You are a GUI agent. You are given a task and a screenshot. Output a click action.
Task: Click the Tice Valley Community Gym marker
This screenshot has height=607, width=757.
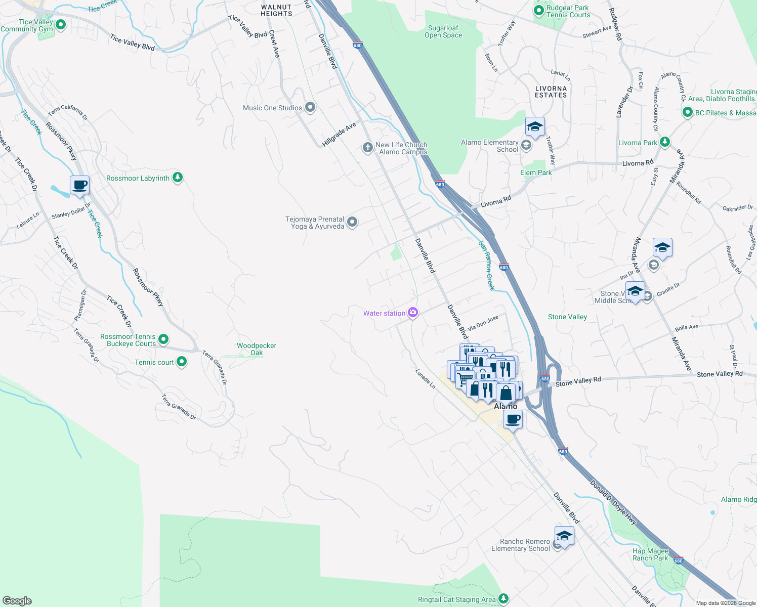[x=61, y=25]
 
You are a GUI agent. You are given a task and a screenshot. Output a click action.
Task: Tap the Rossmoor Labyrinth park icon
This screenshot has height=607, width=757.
[x=177, y=178]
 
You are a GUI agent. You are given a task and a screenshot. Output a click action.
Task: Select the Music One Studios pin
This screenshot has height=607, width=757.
[x=310, y=107]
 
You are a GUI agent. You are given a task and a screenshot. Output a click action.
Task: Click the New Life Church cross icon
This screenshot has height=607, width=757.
[x=367, y=148]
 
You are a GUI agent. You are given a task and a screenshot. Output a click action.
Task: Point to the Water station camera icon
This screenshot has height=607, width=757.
[x=413, y=313]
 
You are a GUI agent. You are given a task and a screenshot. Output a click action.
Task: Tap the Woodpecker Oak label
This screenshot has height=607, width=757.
[x=257, y=349]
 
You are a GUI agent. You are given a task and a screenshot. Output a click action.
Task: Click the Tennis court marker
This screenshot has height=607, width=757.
[x=182, y=362]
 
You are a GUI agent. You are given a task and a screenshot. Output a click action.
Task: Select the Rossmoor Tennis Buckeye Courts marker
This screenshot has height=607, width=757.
[x=163, y=339]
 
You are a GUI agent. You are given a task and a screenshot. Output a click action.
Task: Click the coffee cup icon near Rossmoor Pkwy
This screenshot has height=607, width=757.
[x=79, y=185]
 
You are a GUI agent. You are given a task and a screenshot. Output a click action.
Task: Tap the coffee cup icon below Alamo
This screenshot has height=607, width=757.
[x=513, y=419]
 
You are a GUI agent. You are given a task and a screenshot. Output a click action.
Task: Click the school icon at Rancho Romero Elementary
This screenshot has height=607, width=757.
[x=564, y=536]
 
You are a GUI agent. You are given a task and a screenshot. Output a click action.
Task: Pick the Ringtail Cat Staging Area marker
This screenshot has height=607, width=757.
[x=503, y=599]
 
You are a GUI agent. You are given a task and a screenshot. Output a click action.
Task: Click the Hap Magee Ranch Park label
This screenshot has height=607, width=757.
[x=650, y=554]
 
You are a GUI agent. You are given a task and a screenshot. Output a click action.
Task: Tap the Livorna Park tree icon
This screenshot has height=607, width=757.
[x=665, y=142]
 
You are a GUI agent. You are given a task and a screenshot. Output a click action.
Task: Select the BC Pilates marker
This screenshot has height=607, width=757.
[x=687, y=112]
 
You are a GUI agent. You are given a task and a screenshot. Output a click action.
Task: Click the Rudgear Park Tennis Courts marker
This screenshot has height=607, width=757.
[x=538, y=11]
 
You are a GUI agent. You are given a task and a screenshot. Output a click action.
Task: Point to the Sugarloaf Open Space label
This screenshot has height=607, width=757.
[x=443, y=32]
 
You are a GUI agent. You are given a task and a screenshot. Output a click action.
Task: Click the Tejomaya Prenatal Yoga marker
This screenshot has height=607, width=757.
[x=352, y=222]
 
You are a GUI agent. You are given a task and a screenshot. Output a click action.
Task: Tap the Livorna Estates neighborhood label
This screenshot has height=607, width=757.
[x=551, y=92]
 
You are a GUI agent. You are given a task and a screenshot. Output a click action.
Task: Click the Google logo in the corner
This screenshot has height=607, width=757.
[x=17, y=600]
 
